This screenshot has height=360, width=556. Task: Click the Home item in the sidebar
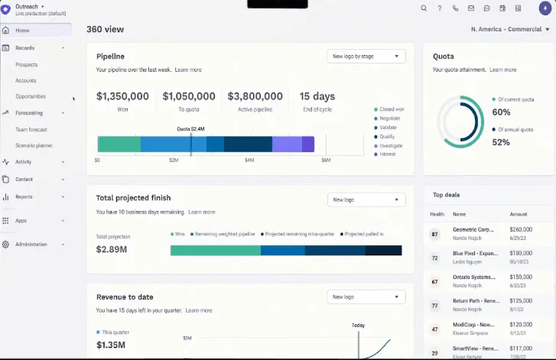[22, 31]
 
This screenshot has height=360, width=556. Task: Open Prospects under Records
[27, 65]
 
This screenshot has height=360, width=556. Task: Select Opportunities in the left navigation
[31, 96]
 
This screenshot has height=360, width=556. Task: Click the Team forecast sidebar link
[31, 129]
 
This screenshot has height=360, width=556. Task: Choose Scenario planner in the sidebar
[34, 145]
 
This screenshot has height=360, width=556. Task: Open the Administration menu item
[31, 245]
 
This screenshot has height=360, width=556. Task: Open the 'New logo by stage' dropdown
[365, 57]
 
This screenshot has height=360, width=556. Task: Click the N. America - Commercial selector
[508, 30]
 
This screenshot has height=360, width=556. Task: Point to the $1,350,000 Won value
[122, 96]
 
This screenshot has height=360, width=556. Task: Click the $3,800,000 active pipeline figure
[255, 96]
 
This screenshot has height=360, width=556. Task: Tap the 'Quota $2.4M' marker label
[191, 129]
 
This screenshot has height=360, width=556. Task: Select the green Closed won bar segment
[119, 144]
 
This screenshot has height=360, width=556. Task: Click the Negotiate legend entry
[389, 118]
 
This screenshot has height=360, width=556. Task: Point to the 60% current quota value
[502, 112]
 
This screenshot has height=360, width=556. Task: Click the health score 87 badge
[435, 234]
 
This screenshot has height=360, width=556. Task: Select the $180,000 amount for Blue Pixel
[521, 253]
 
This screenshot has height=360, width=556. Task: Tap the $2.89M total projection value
[112, 250]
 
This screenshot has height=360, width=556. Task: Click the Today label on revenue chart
[358, 325]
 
